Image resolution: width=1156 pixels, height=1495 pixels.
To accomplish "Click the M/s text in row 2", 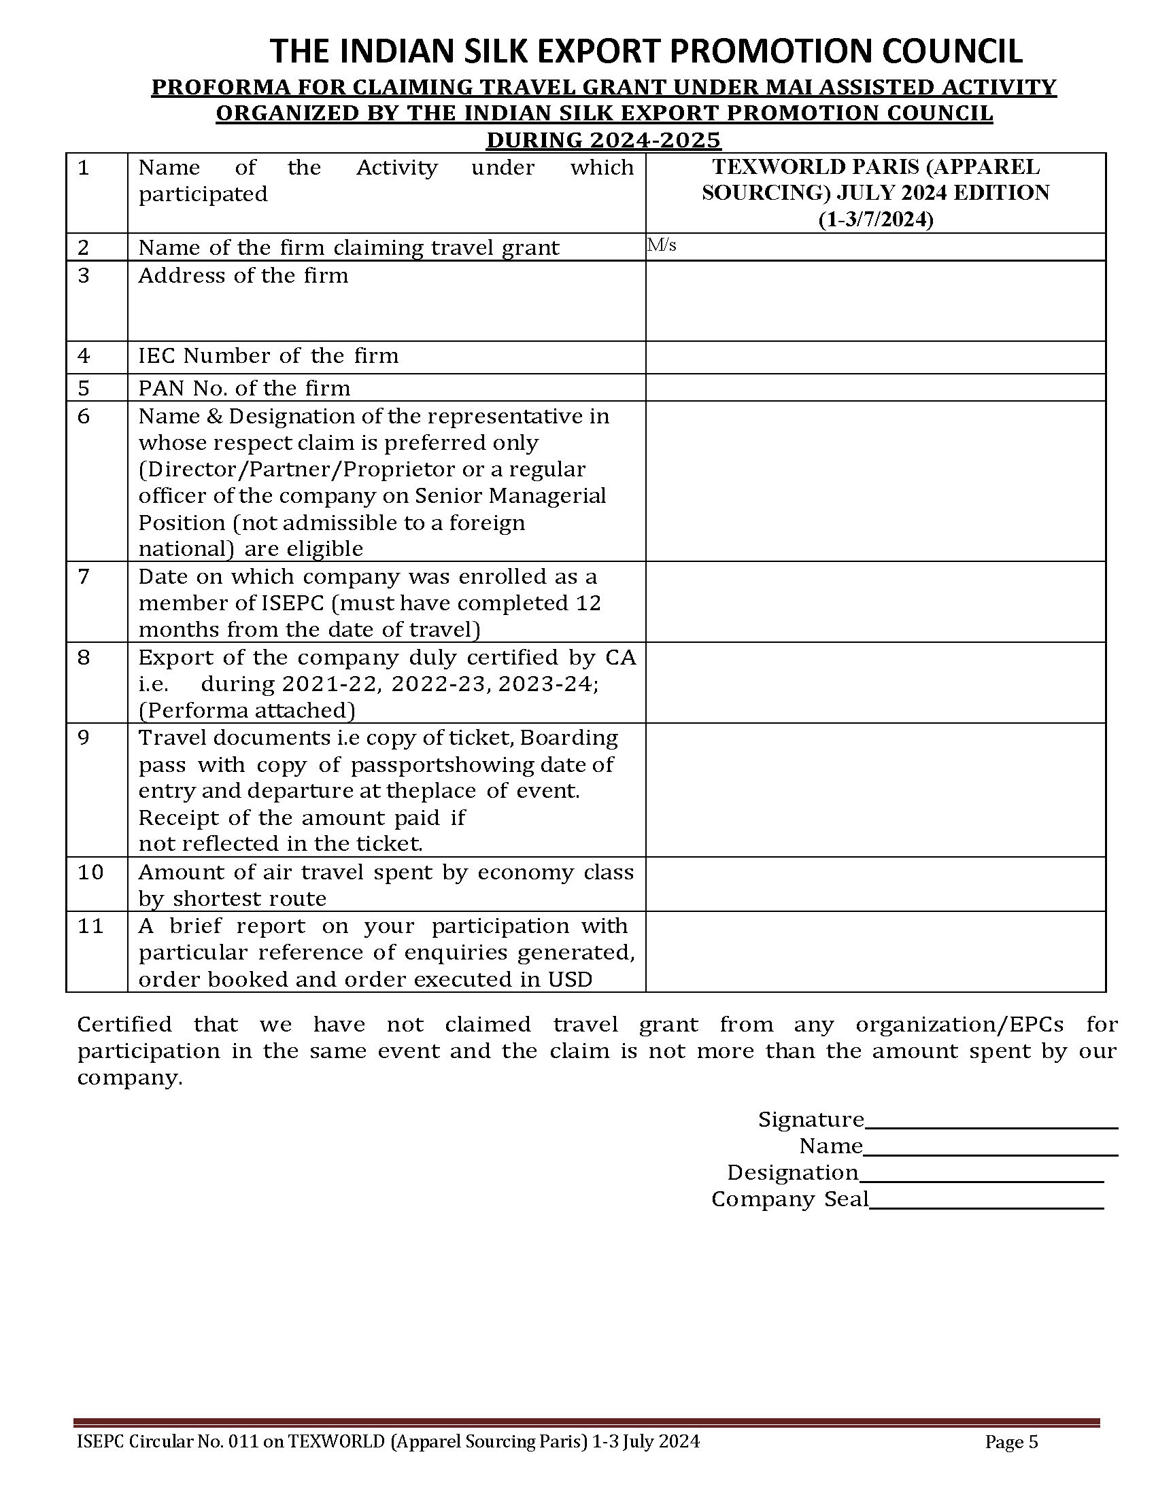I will (662, 245).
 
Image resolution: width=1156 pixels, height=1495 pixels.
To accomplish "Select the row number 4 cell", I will (97, 357).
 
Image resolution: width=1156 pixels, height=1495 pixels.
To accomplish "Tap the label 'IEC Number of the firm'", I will (268, 356).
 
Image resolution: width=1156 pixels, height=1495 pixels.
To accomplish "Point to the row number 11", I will (90, 926).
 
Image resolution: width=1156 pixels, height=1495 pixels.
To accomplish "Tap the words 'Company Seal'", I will (789, 1199).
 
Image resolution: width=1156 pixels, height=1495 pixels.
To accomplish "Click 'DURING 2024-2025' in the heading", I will (603, 141).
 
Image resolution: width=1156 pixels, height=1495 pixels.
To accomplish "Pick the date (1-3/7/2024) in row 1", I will (875, 219).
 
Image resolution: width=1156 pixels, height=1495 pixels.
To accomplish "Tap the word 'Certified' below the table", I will (124, 1025).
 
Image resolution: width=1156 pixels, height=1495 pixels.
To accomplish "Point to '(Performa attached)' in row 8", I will (247, 711).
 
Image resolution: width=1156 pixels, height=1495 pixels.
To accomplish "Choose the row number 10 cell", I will (97, 883).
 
